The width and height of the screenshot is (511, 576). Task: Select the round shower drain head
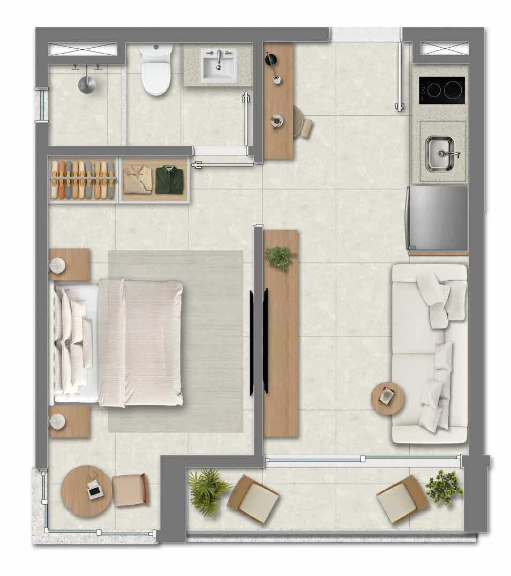point(87,84)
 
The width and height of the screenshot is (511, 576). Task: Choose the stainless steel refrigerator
point(437,218)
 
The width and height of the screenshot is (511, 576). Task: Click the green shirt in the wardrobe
point(169,179)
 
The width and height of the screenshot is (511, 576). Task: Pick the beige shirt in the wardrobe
point(138,179)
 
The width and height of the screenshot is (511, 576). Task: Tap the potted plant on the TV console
point(279,258)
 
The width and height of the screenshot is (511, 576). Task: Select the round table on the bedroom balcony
point(86,490)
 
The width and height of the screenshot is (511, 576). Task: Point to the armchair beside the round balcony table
point(130,489)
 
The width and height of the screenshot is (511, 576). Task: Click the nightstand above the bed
point(69,264)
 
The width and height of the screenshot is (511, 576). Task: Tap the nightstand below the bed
point(69,421)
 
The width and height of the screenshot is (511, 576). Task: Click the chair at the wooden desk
point(303,122)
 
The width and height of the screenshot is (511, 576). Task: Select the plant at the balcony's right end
point(444,487)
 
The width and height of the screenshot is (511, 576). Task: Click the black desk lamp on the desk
point(271,59)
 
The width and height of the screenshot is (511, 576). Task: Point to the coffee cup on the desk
point(276,120)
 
